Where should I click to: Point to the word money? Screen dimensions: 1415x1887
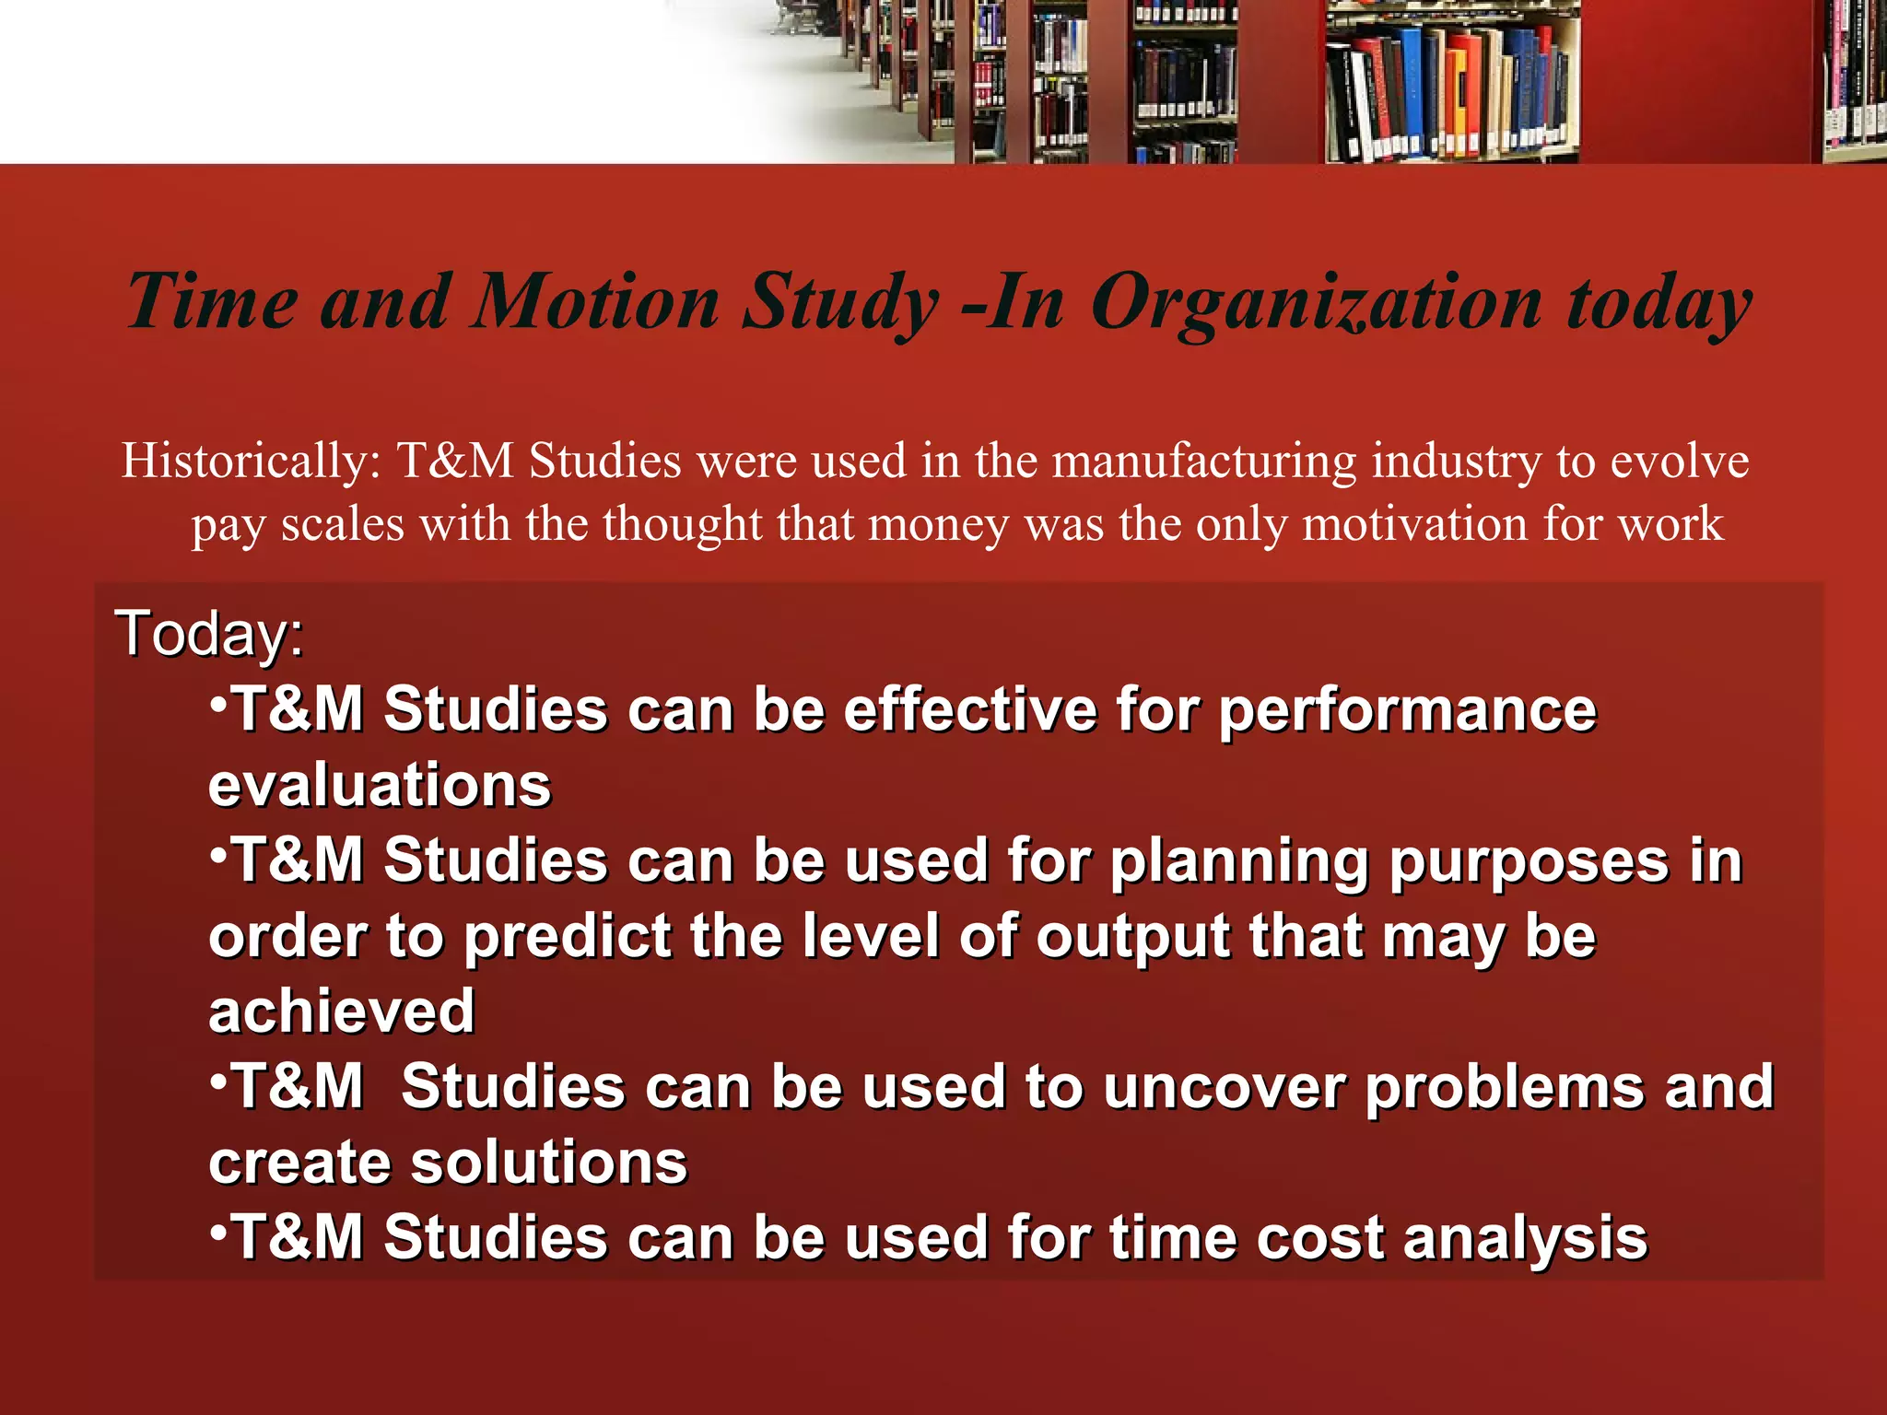coord(939,524)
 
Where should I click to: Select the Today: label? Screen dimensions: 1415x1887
coord(209,634)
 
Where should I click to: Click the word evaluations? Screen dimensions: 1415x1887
coord(380,786)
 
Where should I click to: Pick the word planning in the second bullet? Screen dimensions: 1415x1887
coord(1238,862)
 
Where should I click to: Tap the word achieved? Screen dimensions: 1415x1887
coord(342,1012)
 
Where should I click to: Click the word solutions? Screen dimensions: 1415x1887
coord(549,1163)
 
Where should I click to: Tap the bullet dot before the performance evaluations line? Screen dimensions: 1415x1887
coord(218,704)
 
